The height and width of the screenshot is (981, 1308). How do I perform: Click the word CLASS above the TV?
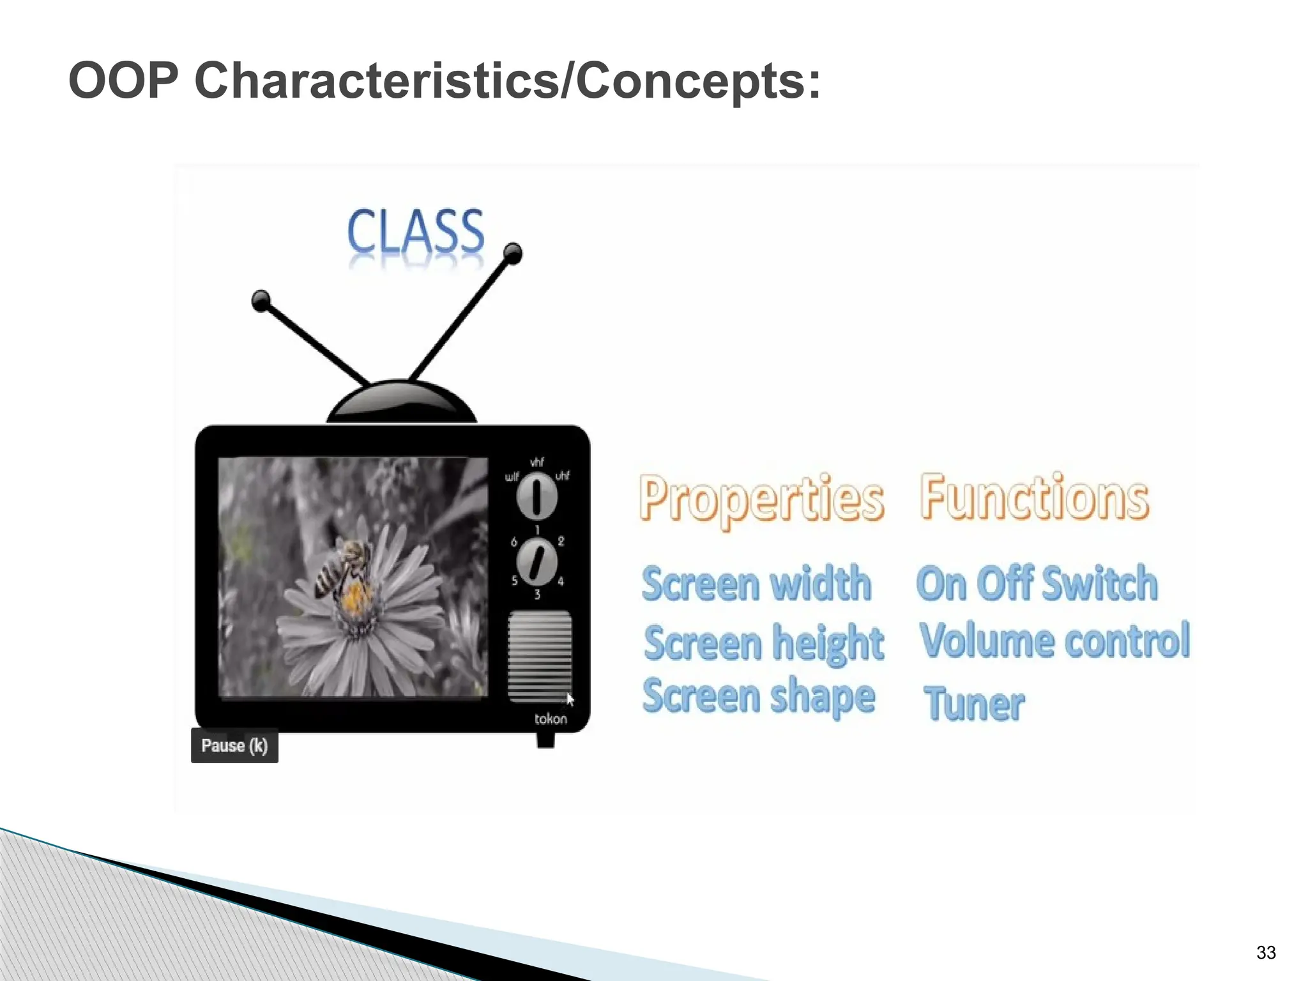pyautogui.click(x=416, y=231)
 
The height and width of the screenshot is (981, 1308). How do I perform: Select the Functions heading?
pyautogui.click(x=1034, y=497)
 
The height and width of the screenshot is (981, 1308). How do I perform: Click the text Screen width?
pyautogui.click(x=756, y=583)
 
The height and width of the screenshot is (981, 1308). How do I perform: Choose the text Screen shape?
pyautogui.click(x=759, y=697)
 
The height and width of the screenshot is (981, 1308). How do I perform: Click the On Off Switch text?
pyautogui.click(x=1037, y=583)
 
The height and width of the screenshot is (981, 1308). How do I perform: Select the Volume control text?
pyautogui.click(x=1054, y=641)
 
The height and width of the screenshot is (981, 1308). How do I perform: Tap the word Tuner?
pyautogui.click(x=974, y=704)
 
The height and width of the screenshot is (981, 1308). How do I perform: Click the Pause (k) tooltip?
pyautogui.click(x=234, y=745)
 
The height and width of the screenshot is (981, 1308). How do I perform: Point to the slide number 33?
pyautogui.click(x=1265, y=952)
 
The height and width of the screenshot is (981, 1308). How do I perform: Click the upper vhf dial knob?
pyautogui.click(x=536, y=496)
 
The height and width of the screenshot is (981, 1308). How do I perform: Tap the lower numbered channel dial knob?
pyautogui.click(x=536, y=562)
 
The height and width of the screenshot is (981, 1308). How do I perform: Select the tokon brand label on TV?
pyautogui.click(x=550, y=719)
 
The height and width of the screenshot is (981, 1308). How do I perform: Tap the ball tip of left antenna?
pyautogui.click(x=261, y=300)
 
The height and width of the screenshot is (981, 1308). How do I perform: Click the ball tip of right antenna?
pyautogui.click(x=513, y=253)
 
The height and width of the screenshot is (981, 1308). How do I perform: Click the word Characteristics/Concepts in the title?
pyautogui.click(x=507, y=81)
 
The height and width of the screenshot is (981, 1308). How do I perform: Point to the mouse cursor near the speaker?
pyautogui.click(x=570, y=699)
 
